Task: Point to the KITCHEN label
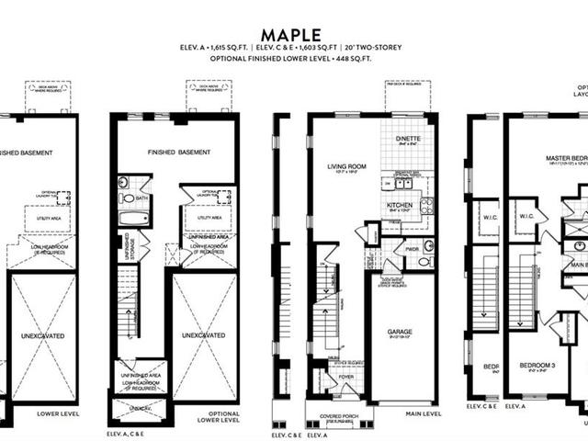(x=399, y=205)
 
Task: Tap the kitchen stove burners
(x=426, y=205)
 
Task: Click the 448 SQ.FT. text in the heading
(x=359, y=60)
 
